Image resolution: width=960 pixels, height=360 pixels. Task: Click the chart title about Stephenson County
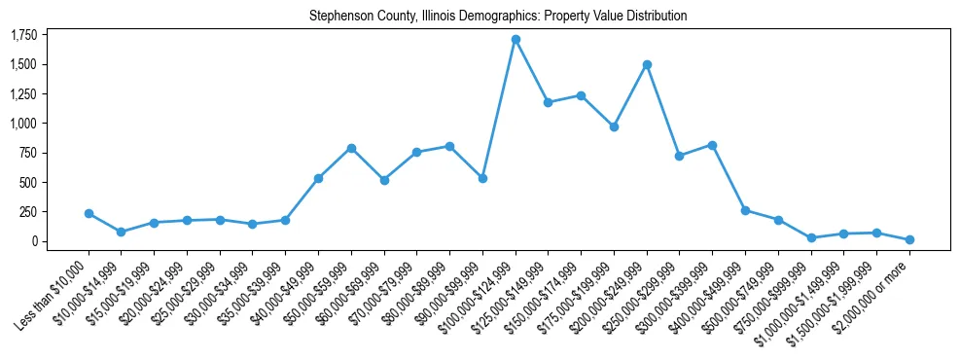tap(498, 17)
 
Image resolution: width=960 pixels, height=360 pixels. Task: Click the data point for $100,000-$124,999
tap(516, 40)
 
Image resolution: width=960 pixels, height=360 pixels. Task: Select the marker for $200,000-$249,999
tap(647, 64)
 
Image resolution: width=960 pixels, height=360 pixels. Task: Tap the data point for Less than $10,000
tap(89, 213)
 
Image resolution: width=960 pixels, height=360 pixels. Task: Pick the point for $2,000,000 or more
tap(909, 239)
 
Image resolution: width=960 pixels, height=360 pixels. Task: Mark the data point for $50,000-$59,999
tap(351, 148)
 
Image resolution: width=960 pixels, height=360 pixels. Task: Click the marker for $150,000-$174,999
tap(581, 95)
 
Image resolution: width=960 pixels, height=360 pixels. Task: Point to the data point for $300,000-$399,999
tap(712, 145)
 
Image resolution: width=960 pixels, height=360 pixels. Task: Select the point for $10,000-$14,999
tap(121, 232)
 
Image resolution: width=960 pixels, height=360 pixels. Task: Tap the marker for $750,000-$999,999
tap(811, 237)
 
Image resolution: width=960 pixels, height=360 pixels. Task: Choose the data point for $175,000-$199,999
tap(614, 126)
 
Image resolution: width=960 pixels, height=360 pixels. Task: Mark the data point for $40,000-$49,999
tap(318, 178)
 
